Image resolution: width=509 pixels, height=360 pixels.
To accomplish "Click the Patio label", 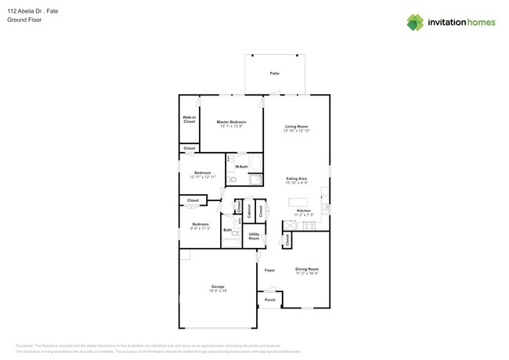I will pos(274,74).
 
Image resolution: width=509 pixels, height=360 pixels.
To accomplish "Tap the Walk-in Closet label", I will pos(189,120).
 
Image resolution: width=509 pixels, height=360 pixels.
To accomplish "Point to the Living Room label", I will pos(296,127).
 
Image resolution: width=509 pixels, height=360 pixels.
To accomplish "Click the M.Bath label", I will pos(242,167).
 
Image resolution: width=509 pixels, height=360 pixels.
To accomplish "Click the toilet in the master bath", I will pos(233,179).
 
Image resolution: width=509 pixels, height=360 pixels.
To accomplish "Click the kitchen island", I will pos(298,202).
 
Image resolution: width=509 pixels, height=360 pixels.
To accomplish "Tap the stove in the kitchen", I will pos(309,225).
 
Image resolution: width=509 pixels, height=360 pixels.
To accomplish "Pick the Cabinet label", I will pos(249,210).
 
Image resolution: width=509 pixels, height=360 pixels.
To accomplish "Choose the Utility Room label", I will pos(254,236).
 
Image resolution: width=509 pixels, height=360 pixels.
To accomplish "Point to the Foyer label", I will pos(269,270).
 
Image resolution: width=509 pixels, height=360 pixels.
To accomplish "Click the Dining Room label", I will pos(307,269).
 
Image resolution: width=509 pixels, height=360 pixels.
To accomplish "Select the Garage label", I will pos(218,286).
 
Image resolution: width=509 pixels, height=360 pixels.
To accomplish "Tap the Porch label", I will pos(269,300).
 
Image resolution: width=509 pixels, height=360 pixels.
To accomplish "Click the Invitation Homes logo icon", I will pos(415,22).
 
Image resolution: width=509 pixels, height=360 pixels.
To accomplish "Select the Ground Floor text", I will pos(24,20).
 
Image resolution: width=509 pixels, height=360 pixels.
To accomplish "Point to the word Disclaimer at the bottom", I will pos(27,345).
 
